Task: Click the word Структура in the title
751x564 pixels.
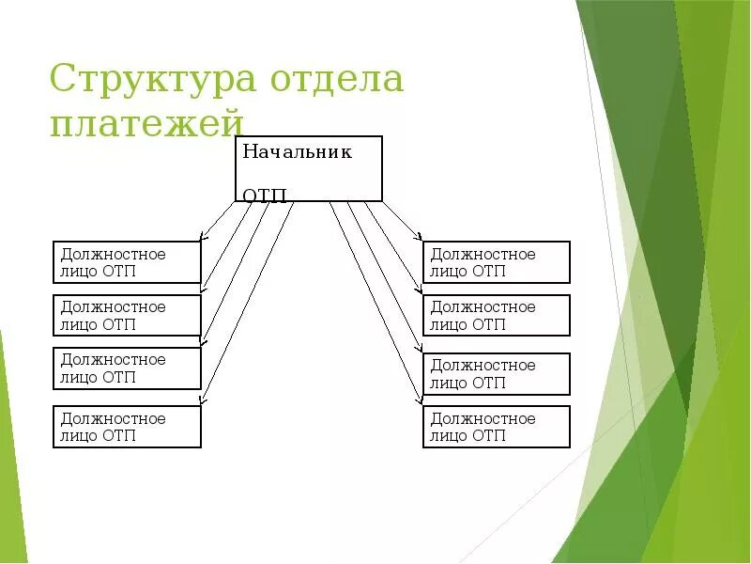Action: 151,79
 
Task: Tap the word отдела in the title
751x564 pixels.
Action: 337,79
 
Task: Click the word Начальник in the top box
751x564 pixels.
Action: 297,152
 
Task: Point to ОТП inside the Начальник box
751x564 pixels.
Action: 265,195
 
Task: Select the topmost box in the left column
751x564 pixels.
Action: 127,262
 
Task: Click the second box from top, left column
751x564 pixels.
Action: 127,315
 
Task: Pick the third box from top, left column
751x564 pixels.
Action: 127,368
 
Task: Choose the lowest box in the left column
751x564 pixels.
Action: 127,427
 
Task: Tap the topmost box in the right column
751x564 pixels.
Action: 497,262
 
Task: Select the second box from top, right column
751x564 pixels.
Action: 497,315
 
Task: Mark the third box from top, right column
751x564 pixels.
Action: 497,373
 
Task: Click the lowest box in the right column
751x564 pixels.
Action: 497,427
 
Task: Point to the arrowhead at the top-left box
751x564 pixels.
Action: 204,237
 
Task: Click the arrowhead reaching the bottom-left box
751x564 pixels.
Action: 203,402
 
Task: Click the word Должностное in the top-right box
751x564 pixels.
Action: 483,254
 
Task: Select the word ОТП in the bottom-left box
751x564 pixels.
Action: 118,436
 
